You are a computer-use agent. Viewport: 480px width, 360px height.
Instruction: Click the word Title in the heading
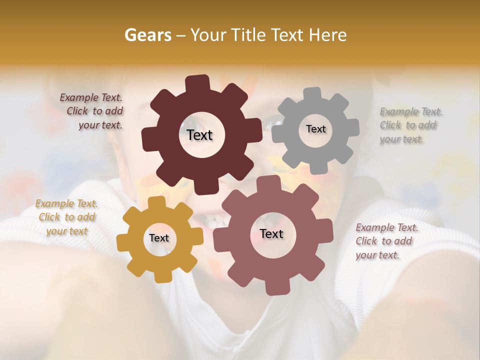point(248,35)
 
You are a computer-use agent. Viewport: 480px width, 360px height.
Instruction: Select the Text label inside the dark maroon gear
point(199,135)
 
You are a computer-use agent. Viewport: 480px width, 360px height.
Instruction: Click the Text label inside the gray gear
point(315,129)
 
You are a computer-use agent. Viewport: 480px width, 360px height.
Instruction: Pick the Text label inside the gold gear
point(159,238)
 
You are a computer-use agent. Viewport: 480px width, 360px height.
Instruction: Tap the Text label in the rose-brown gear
point(271,233)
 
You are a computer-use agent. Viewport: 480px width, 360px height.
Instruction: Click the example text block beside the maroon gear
point(92,111)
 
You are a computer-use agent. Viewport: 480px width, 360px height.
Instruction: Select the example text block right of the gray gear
point(411,125)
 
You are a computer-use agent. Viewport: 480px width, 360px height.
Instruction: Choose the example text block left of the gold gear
point(66,217)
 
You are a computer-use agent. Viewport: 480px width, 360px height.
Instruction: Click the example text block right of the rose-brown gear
point(387,241)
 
